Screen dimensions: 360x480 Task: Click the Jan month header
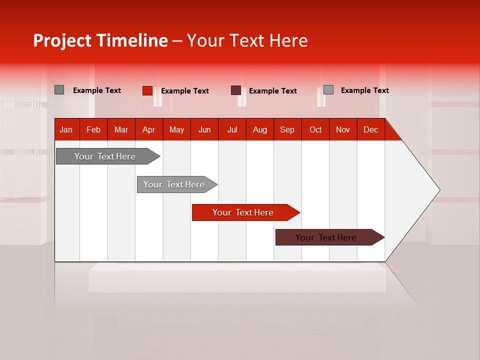tap(66, 129)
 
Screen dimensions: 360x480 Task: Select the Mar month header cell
tap(121, 129)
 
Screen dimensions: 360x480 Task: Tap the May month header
tap(176, 129)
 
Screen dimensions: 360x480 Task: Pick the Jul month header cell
tap(232, 129)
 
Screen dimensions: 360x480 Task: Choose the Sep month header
tap(287, 129)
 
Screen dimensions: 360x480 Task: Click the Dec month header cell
tap(370, 129)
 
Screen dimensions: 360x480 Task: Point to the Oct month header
tap(315, 129)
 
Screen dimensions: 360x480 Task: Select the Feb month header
tap(93, 129)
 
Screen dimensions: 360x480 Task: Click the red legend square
tap(147, 90)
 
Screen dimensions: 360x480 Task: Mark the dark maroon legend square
tap(236, 90)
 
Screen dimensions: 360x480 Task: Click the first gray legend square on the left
tap(59, 90)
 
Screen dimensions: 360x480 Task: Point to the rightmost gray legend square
tap(328, 90)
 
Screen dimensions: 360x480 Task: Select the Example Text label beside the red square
tap(184, 91)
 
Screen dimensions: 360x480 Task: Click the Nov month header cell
tap(342, 129)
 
